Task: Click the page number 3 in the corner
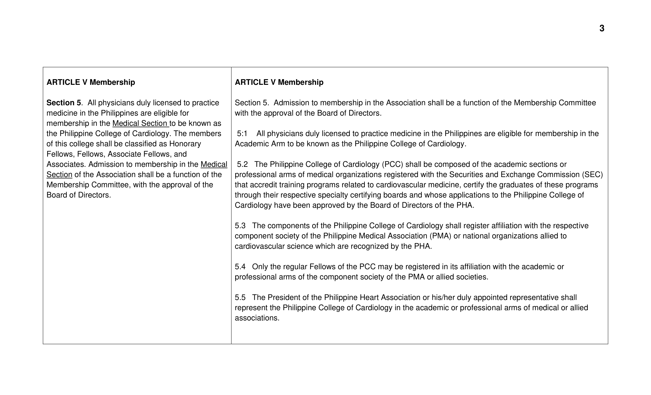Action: (602, 28)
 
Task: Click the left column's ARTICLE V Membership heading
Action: (91, 82)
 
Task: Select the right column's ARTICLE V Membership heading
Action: (279, 82)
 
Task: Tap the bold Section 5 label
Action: (64, 103)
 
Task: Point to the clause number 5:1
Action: (242, 134)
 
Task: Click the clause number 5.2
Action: (242, 164)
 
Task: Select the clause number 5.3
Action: (240, 226)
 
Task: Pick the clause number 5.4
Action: (240, 267)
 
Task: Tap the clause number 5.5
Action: (240, 297)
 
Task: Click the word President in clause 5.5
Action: (284, 297)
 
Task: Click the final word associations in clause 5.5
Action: (257, 318)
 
